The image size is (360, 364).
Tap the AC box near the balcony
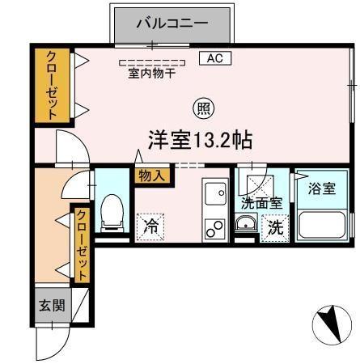[x=214, y=58]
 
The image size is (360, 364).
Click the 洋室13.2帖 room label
[x=199, y=139]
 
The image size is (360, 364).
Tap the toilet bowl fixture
[x=112, y=212]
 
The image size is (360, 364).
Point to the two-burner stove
[x=215, y=229]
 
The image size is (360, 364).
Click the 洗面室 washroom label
[x=261, y=203]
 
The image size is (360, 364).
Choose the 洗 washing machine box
[x=276, y=227]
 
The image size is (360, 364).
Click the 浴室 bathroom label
[x=322, y=188]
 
